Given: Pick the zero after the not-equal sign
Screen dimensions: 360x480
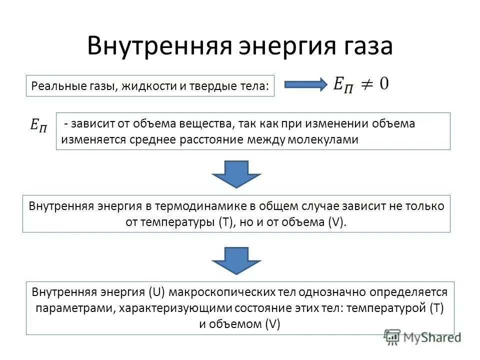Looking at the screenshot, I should pyautogui.click(x=383, y=82).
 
